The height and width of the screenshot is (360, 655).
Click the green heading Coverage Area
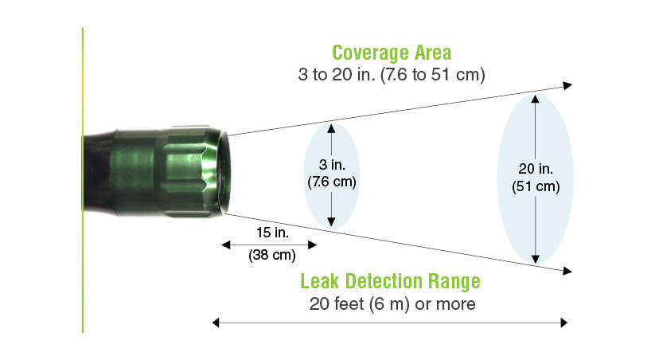tap(392, 53)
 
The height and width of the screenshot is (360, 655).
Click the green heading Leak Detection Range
tap(390, 281)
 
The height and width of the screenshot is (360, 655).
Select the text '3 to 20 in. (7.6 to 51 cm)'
tap(392, 75)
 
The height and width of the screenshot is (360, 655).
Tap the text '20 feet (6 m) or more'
tap(392, 304)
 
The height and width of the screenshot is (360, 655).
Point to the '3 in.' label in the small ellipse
tap(332, 165)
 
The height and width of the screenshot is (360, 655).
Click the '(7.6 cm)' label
tap(332, 182)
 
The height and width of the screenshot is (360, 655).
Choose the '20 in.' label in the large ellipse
tap(536, 169)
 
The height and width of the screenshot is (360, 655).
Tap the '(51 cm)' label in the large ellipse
tap(536, 186)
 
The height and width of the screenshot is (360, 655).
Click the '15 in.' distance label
tap(272, 233)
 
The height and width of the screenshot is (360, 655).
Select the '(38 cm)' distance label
tap(272, 255)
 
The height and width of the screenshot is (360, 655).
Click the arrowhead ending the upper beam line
tap(567, 86)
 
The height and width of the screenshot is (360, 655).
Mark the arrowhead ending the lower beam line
tap(567, 271)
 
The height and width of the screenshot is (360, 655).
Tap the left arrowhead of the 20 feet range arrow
tap(216, 323)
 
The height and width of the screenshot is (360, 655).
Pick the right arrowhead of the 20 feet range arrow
tap(564, 323)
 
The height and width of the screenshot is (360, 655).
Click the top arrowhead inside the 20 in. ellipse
tap(535, 99)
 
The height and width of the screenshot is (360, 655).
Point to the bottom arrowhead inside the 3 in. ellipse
tap(331, 222)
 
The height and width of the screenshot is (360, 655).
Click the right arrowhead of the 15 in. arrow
tap(313, 245)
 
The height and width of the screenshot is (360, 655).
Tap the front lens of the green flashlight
tap(225, 173)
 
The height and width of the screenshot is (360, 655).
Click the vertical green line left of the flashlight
tap(83, 180)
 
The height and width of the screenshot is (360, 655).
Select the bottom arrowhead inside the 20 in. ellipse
tap(535, 259)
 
